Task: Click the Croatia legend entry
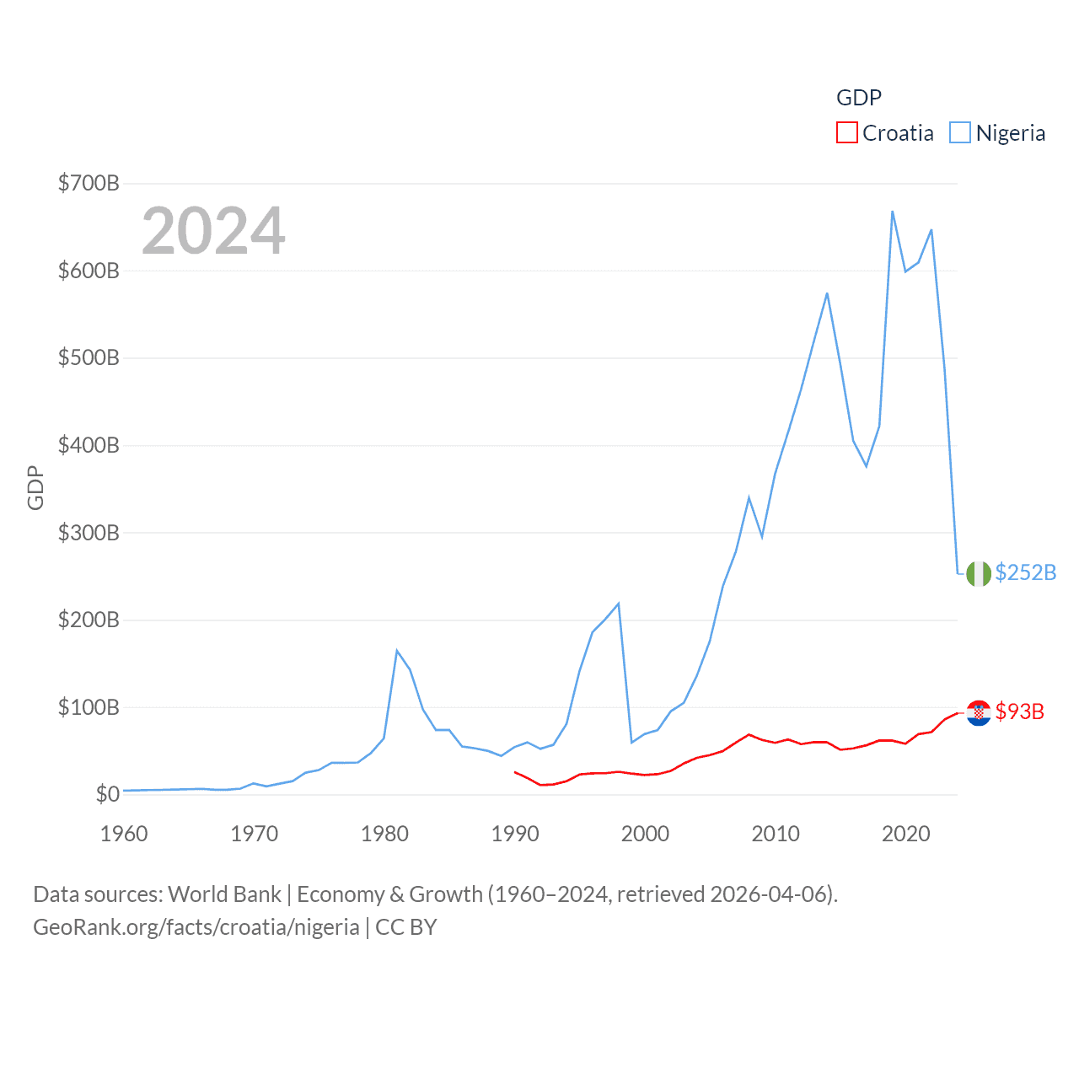click(x=885, y=133)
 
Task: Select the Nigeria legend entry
click(x=997, y=133)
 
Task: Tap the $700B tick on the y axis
click(x=89, y=183)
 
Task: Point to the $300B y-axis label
click(x=89, y=533)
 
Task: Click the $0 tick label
click(x=107, y=794)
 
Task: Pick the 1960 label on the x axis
click(x=124, y=834)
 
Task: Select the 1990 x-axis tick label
click(x=515, y=834)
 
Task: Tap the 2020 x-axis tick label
click(x=905, y=834)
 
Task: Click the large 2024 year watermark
click(x=213, y=231)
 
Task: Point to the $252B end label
click(x=1025, y=572)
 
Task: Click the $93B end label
click(x=1019, y=711)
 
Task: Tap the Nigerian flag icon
click(x=979, y=573)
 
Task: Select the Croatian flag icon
click(x=979, y=713)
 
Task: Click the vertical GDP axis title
click(x=35, y=487)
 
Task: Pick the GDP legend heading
click(x=858, y=98)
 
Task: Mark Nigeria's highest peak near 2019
click(x=892, y=212)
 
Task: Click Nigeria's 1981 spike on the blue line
click(x=397, y=651)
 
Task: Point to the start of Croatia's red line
click(x=515, y=772)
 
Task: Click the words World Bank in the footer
click(x=224, y=894)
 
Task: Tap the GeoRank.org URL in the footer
click(x=196, y=927)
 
